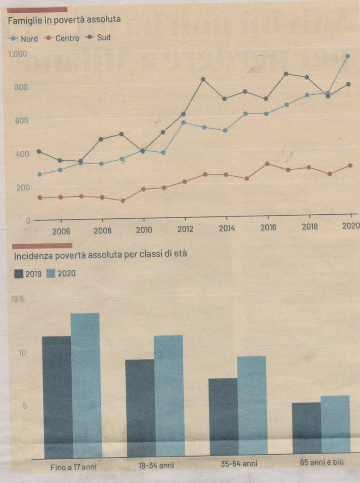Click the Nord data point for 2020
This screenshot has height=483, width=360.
tap(348, 56)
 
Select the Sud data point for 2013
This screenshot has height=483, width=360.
tap(203, 79)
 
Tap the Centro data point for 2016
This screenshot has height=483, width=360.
tap(267, 164)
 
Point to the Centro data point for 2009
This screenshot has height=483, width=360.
tap(123, 200)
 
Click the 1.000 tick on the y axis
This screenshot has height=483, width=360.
tap(18, 54)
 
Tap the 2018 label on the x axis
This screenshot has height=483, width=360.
tap(310, 227)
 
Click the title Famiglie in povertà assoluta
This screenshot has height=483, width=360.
tap(64, 19)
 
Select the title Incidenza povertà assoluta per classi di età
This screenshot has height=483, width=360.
tap(100, 255)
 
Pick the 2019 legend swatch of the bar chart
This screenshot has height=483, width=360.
tap(19, 274)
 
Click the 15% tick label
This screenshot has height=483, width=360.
tap(18, 299)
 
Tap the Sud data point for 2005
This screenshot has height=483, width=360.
tap(39, 151)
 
